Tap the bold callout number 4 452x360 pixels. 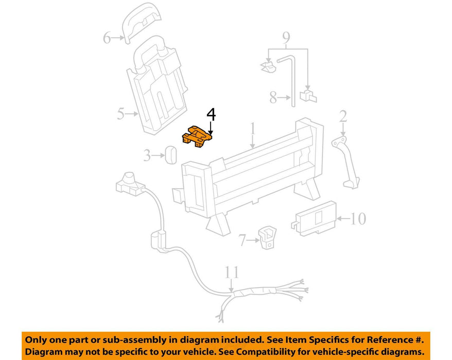tap(211, 114)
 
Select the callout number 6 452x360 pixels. tap(107, 38)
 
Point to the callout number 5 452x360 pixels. tap(120, 114)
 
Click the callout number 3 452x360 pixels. tap(147, 156)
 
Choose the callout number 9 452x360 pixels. tap(286, 38)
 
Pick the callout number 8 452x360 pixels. tap(273, 97)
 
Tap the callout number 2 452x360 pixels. tap(343, 116)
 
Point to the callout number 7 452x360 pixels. tap(242, 240)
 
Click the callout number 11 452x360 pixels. tap(232, 272)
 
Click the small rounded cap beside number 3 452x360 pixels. tap(170, 155)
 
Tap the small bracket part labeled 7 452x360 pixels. tap(267, 237)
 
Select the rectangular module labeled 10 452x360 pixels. tap(314, 219)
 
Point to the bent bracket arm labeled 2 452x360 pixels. tap(345, 162)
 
